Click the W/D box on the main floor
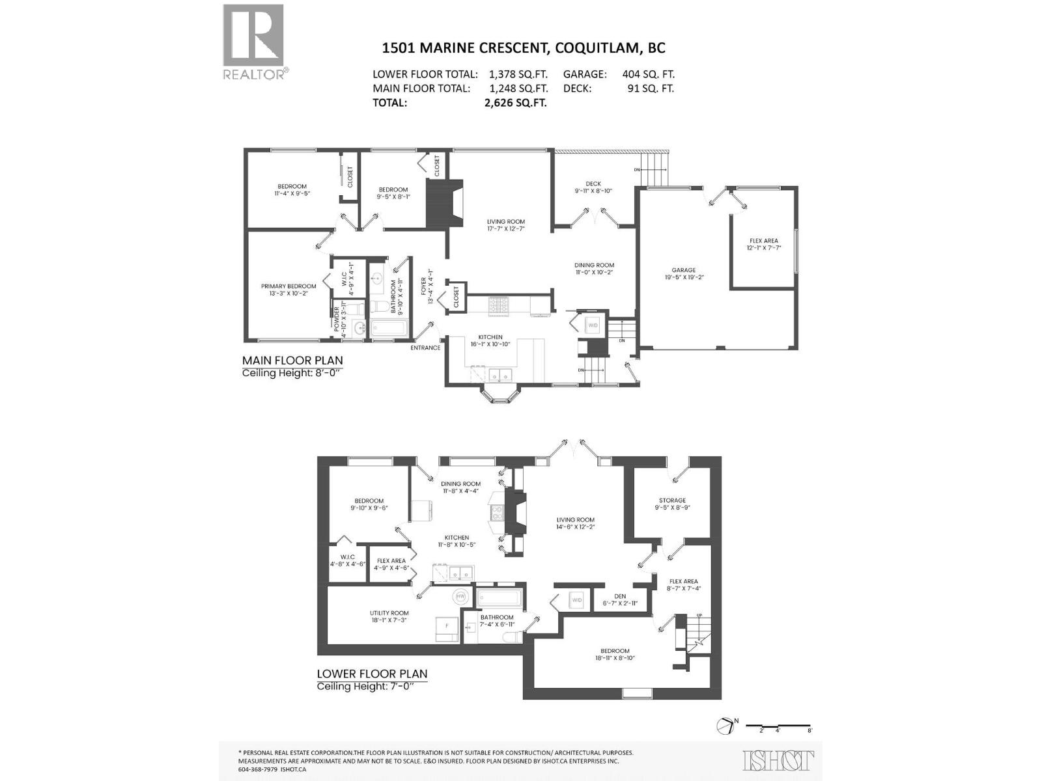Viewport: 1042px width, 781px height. click(593, 325)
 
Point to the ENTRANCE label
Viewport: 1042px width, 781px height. click(425, 348)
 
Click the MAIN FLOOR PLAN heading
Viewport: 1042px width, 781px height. click(292, 360)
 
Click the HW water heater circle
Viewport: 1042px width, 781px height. click(461, 596)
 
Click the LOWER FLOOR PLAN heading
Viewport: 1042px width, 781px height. click(372, 674)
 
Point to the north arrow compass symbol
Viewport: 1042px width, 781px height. click(725, 726)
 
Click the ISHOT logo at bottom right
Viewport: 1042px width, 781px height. click(778, 760)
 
